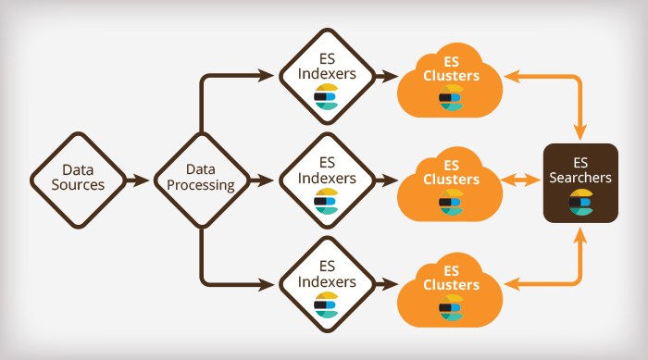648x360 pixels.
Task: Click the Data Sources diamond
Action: tap(83, 178)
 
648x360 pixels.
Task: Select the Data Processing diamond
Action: tap(201, 178)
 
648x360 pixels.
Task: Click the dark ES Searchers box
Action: tap(580, 182)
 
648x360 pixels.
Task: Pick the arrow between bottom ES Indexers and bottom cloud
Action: tap(386, 280)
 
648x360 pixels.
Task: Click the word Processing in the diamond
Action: tap(201, 185)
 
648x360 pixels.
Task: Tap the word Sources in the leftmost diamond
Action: tap(83, 185)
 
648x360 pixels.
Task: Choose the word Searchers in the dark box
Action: tap(580, 178)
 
